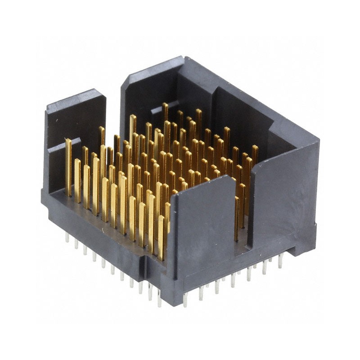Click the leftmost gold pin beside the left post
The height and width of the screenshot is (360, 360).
point(68,166)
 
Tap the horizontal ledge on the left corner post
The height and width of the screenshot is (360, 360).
point(63,146)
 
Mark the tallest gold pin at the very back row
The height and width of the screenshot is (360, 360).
point(165,112)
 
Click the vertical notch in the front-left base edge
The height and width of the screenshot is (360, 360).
point(146,265)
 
